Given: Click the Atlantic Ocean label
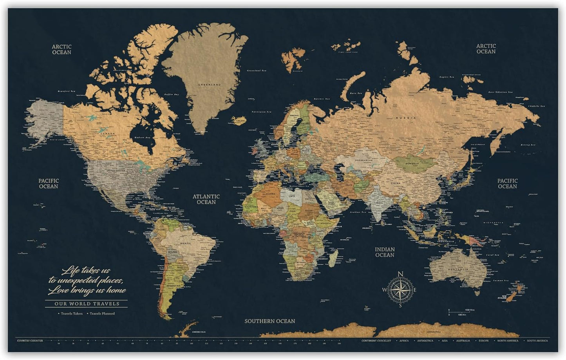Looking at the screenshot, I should (206, 199).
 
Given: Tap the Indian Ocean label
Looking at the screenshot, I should (385, 252).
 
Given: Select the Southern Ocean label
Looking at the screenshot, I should (270, 321).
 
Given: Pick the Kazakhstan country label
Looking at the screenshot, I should (363, 160).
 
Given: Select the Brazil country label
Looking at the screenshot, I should (185, 243).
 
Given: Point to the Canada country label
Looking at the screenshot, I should (108, 134).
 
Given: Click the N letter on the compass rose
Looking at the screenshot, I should (400, 274).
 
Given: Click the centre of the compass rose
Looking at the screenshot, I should (400, 290).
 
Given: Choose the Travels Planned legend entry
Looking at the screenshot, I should (102, 313).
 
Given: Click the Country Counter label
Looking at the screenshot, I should (30, 340).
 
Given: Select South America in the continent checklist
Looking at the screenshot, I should (537, 341).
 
